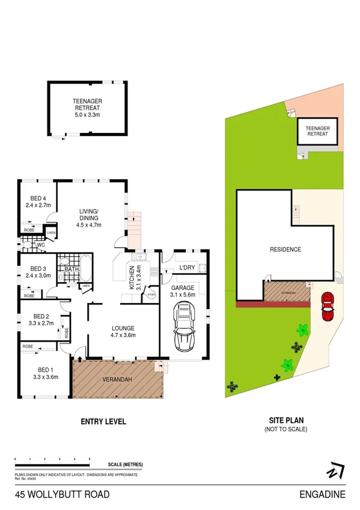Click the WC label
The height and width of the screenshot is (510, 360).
point(41,245)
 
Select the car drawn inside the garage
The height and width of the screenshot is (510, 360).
point(183,327)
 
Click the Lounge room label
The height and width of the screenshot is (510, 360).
point(124,328)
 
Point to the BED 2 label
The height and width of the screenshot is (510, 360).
point(40,316)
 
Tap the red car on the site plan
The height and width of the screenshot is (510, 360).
point(328,307)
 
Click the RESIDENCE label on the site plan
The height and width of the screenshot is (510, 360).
point(285,250)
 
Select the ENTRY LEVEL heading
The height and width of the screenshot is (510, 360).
point(103,422)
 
